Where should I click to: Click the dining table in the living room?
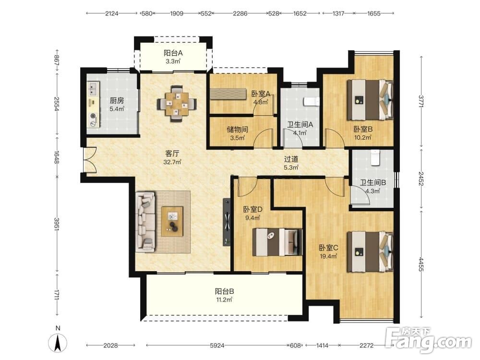[x=177, y=104]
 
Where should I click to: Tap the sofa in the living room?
[x=146, y=222]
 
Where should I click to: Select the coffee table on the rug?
[x=172, y=221]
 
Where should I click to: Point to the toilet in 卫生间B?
[x=375, y=157]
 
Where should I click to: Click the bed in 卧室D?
[x=277, y=242]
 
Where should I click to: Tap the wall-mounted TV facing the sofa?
[x=227, y=222]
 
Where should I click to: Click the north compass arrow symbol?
[x=58, y=343]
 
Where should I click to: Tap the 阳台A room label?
[x=173, y=53]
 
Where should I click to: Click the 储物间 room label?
[x=237, y=130]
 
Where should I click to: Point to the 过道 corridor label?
[x=291, y=159]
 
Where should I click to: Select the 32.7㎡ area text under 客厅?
[x=172, y=162]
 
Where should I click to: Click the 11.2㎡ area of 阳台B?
[x=224, y=300]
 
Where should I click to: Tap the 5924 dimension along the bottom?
[x=217, y=346]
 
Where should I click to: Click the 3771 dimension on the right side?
[x=421, y=101]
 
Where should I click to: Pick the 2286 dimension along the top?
[x=240, y=13]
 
